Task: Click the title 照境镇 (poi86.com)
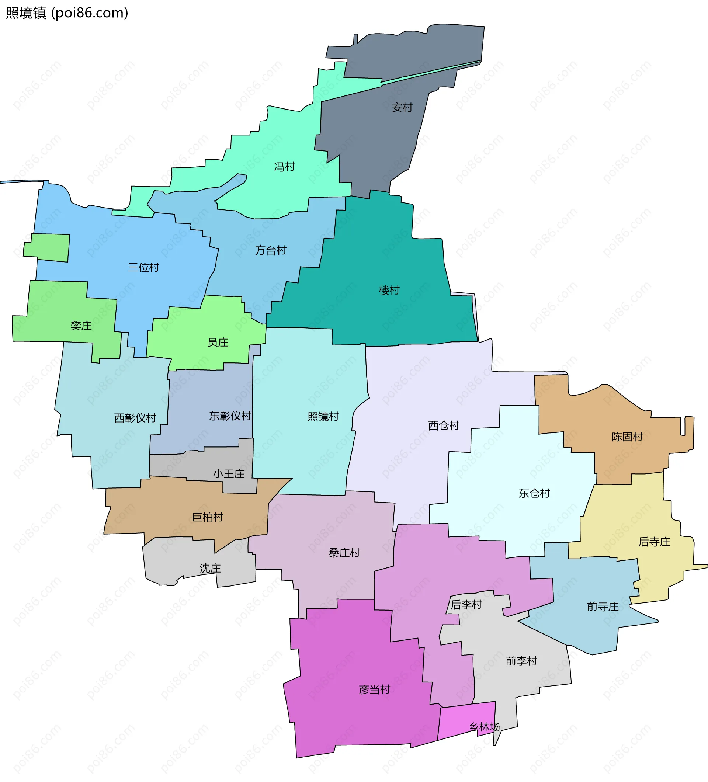point(67,13)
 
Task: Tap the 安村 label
point(402,107)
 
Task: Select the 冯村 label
point(284,167)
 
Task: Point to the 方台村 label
point(271,250)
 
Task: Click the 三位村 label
point(143,267)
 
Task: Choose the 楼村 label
point(389,290)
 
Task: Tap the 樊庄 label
point(81,326)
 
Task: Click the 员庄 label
point(218,342)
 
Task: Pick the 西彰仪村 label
point(135,418)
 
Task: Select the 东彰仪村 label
point(230,416)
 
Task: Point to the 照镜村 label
point(323,417)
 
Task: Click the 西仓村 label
point(443,425)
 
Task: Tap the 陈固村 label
point(627,437)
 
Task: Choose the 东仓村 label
point(534,493)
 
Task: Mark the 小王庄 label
point(229,474)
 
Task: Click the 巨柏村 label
point(208,517)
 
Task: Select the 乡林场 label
point(484,727)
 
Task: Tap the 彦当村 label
point(374,690)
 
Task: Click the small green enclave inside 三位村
point(47,247)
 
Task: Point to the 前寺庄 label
point(603,606)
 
